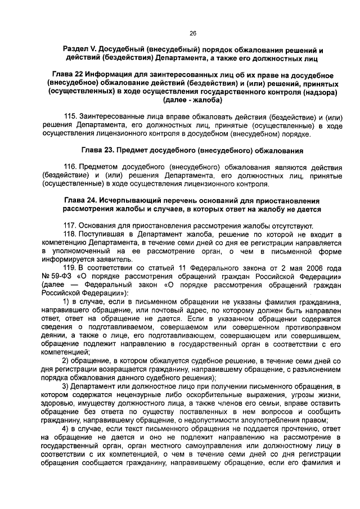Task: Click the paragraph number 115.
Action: [x=70, y=116]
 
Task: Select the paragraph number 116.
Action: [x=70, y=167]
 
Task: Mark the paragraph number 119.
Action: [x=70, y=268]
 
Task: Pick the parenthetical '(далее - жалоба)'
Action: [x=192, y=100]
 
